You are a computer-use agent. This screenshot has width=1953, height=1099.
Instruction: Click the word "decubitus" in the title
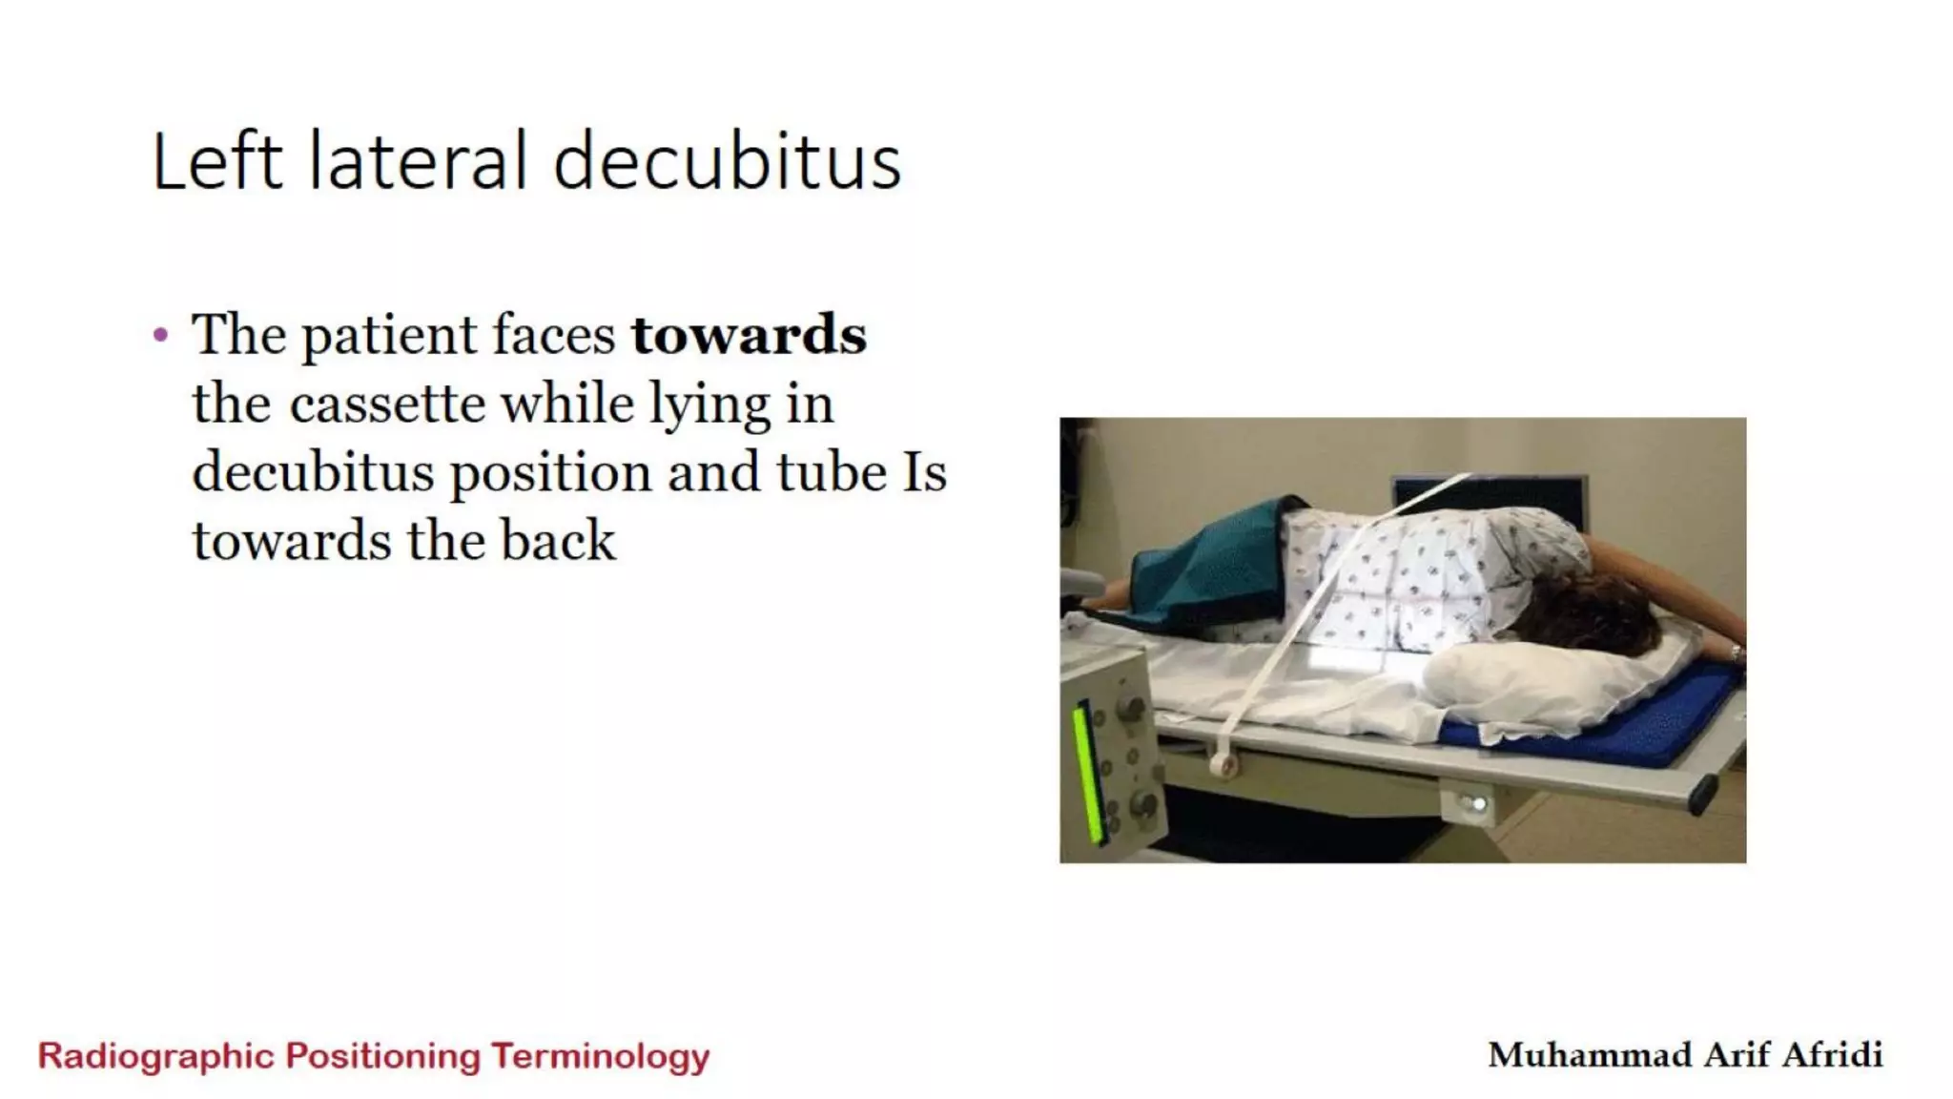click(x=727, y=162)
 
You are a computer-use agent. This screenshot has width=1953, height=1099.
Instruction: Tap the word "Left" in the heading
click(x=217, y=162)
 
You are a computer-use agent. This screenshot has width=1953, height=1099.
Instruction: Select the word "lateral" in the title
click(x=418, y=162)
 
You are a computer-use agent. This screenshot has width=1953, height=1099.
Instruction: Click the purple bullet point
click(x=160, y=335)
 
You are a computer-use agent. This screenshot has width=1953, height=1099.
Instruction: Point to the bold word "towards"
click(x=749, y=335)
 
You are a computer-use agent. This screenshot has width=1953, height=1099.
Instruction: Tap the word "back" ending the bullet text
click(x=559, y=541)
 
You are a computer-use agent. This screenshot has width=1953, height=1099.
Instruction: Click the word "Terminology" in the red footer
click(x=601, y=1057)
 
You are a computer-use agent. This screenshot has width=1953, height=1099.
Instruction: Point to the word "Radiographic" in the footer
click(x=156, y=1057)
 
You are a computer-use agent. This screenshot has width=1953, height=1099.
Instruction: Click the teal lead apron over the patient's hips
click(x=1206, y=568)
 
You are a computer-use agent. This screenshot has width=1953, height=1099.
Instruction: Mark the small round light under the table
click(x=1476, y=804)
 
